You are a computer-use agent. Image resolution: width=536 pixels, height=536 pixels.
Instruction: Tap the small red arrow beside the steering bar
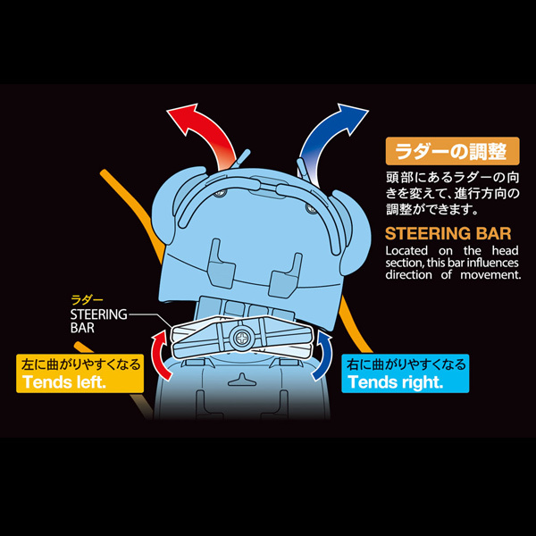point(160,356)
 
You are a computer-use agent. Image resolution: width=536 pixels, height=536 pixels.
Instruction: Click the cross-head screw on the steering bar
point(242,339)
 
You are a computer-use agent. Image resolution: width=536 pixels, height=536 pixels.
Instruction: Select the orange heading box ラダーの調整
point(452,151)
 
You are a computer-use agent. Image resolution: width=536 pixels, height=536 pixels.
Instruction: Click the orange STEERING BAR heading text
point(448,234)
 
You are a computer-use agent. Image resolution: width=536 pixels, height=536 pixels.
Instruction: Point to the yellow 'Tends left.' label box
point(80,373)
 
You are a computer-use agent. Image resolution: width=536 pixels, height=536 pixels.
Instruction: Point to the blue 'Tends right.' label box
point(406,373)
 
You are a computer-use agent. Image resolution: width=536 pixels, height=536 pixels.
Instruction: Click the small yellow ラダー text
point(87,300)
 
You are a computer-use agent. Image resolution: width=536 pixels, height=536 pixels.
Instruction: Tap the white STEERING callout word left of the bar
point(98,314)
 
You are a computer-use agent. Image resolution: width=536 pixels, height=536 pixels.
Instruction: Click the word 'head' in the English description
point(506,250)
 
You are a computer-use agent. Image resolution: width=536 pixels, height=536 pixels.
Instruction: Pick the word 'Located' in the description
point(406,250)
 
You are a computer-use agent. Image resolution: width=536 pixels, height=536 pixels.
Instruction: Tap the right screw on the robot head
point(311,207)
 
